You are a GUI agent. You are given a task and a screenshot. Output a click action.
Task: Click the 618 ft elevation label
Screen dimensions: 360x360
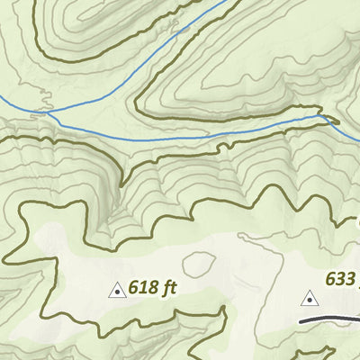click(x=150, y=288)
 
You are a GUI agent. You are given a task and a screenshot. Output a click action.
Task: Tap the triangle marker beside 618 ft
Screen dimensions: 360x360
click(x=116, y=290)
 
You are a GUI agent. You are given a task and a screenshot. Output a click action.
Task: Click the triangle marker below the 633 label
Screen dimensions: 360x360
click(x=310, y=298)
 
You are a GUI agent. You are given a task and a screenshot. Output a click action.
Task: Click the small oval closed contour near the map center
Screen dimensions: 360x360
click(x=199, y=264)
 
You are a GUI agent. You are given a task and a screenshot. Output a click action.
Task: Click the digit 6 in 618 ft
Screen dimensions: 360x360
click(x=134, y=288)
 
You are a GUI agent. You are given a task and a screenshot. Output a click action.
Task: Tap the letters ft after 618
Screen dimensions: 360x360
click(x=166, y=288)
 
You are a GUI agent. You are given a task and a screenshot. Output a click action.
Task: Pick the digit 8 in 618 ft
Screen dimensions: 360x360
click(x=151, y=288)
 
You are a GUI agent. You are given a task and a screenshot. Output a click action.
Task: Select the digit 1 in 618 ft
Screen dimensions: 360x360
click(x=142, y=288)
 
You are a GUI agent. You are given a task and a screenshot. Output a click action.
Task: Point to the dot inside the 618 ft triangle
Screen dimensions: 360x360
click(x=116, y=292)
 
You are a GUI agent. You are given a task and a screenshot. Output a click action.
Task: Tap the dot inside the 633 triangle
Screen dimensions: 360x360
click(x=310, y=300)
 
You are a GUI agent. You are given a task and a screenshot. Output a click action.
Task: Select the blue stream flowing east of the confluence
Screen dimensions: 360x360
click(x=180, y=135)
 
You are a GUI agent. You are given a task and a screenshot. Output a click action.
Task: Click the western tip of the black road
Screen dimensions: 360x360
click(x=301, y=320)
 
